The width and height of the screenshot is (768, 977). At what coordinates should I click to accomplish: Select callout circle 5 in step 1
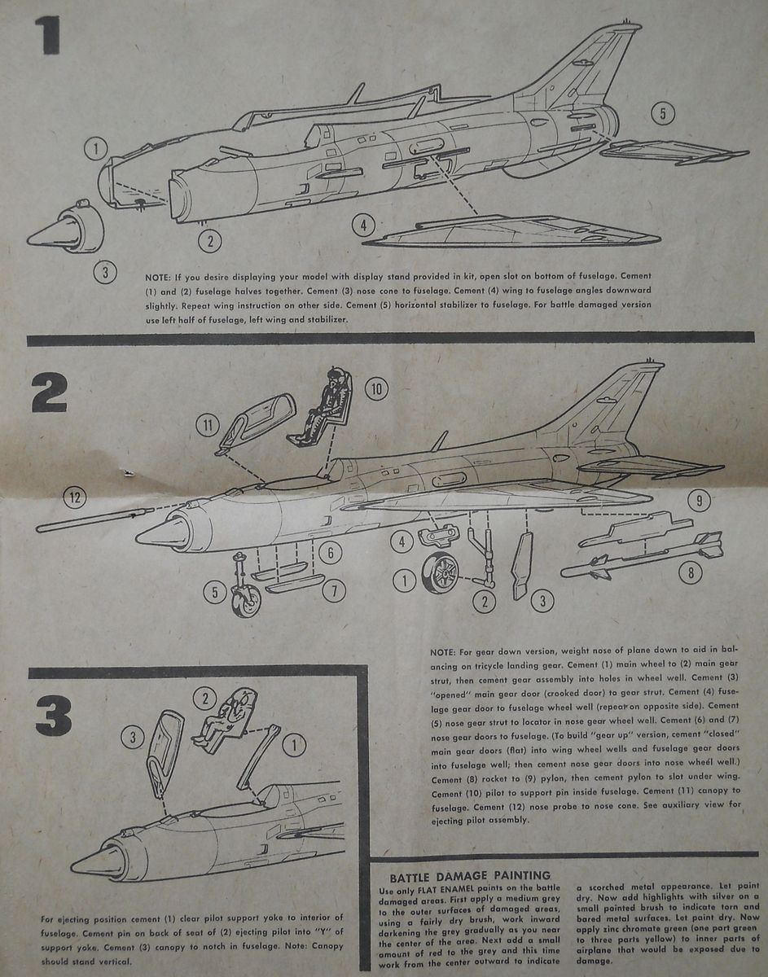(662, 114)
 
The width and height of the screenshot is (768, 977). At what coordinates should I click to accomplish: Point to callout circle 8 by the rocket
(691, 573)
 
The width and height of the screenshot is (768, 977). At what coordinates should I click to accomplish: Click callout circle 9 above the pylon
(698, 500)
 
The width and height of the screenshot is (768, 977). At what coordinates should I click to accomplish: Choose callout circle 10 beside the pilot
(375, 389)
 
